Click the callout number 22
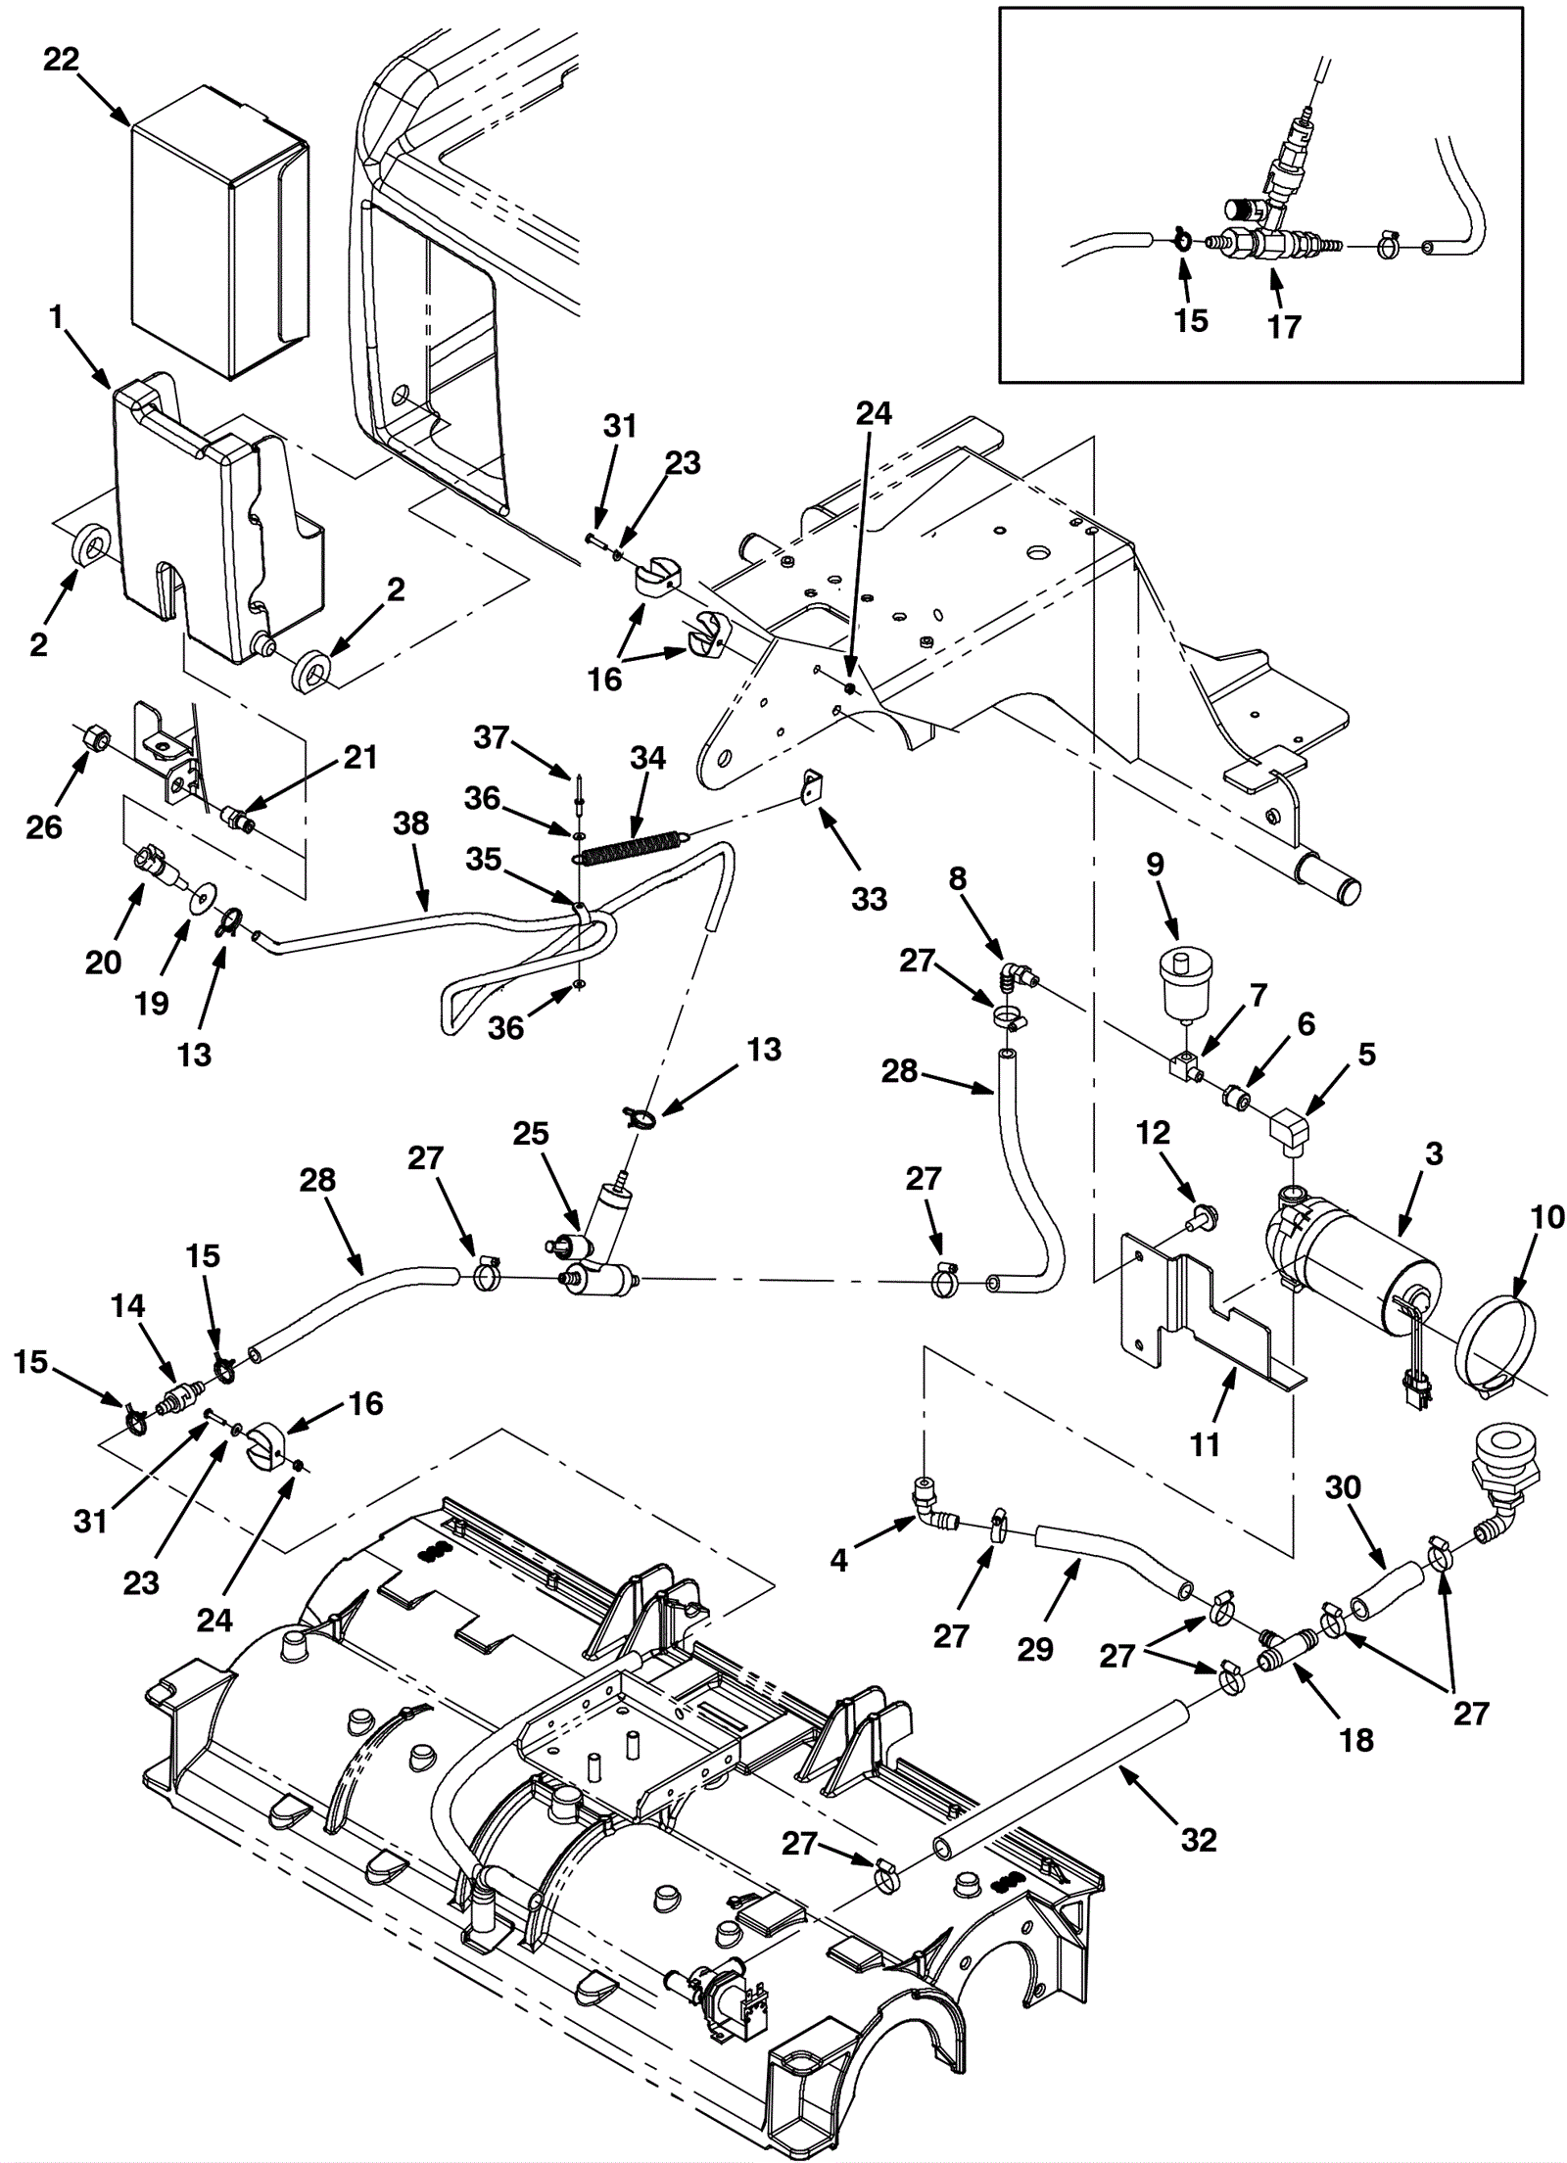(x=61, y=60)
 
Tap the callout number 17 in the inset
(x=1284, y=326)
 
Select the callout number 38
(x=410, y=823)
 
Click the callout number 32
(x=1199, y=1867)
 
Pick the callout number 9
(x=1155, y=865)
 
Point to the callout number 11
(x=1204, y=1443)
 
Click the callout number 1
(x=56, y=316)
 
